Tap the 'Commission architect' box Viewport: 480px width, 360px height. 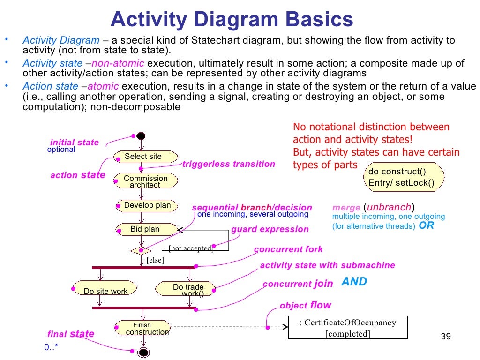pos(145,181)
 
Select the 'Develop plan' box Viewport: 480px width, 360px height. pos(147,206)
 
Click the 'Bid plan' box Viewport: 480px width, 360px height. pos(145,229)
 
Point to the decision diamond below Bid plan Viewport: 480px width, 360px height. pos(141,250)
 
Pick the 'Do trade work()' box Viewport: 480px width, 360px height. pos(186,289)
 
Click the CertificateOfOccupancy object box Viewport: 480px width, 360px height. pos(347,328)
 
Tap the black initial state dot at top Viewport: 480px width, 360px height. pos(141,136)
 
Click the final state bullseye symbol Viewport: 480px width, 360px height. pos(143,352)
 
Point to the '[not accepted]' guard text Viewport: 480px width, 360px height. pos(191,248)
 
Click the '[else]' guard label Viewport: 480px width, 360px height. pos(155,260)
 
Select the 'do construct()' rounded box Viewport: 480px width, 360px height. pos(404,177)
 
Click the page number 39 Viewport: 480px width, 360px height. pos(446,337)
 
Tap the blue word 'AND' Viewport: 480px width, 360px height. pos(354,282)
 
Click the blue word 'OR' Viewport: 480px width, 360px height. pos(426,225)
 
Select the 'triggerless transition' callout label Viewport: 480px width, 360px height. pos(228,164)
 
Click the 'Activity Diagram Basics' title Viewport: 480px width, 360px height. pos(232,20)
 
